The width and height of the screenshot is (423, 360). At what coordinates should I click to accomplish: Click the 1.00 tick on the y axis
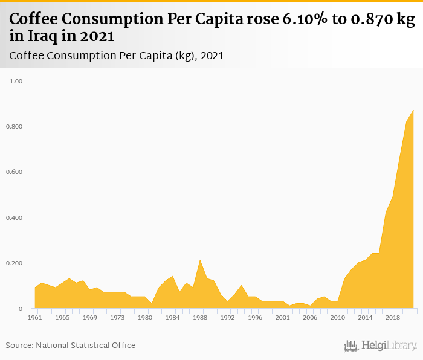click(x=16, y=81)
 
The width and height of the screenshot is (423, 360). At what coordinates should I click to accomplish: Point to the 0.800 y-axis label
click(x=14, y=126)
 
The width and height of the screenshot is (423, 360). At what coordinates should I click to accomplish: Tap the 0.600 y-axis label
click(x=14, y=172)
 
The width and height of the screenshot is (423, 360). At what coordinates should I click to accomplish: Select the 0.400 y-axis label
click(x=14, y=217)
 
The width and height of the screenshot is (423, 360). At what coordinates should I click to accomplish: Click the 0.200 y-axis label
click(x=14, y=263)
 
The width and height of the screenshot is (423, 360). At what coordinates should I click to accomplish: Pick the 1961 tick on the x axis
click(x=35, y=317)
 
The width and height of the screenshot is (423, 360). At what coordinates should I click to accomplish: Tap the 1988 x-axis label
click(x=200, y=317)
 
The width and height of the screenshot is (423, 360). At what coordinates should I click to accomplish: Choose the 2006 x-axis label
click(x=310, y=317)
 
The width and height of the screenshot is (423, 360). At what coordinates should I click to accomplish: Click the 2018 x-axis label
click(x=393, y=317)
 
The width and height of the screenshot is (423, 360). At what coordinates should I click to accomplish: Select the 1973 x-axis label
click(x=118, y=317)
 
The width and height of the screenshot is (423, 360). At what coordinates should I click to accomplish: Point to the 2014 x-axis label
click(x=365, y=317)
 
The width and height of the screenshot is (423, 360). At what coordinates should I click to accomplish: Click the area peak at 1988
click(x=200, y=260)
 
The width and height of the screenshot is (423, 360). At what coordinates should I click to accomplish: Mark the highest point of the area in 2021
click(x=413, y=110)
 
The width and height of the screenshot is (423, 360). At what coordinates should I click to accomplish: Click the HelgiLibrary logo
click(x=380, y=346)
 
